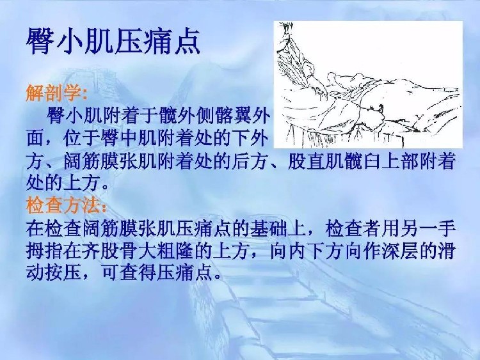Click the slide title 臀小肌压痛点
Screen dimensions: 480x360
pos(113,41)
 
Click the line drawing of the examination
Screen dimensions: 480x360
pos(368,84)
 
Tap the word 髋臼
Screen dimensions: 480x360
pos(361,162)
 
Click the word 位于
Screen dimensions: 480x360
pos(81,139)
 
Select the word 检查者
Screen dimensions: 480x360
pos(353,229)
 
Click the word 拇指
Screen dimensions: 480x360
pos(45,251)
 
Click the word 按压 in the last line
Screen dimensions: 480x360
pos(63,272)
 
